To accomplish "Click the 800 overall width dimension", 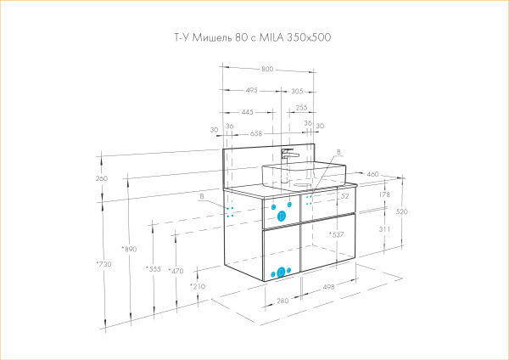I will tap(266, 70).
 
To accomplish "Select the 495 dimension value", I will tap(252, 90).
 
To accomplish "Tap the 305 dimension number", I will tap(296, 90).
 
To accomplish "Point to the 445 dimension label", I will tap(247, 110).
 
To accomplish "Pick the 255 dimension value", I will tap(301, 108).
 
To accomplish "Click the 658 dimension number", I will tap(256, 133).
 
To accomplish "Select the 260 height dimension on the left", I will tap(103, 178).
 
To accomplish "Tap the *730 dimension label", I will tap(104, 264).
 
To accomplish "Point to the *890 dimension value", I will tap(129, 249).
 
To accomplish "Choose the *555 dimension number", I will tap(153, 269).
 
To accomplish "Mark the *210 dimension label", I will tap(197, 287).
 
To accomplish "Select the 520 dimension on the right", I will tap(401, 211).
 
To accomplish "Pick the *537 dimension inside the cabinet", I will tap(336, 233).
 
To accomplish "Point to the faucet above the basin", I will tap(288, 155).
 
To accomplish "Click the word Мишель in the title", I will tap(215, 37).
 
